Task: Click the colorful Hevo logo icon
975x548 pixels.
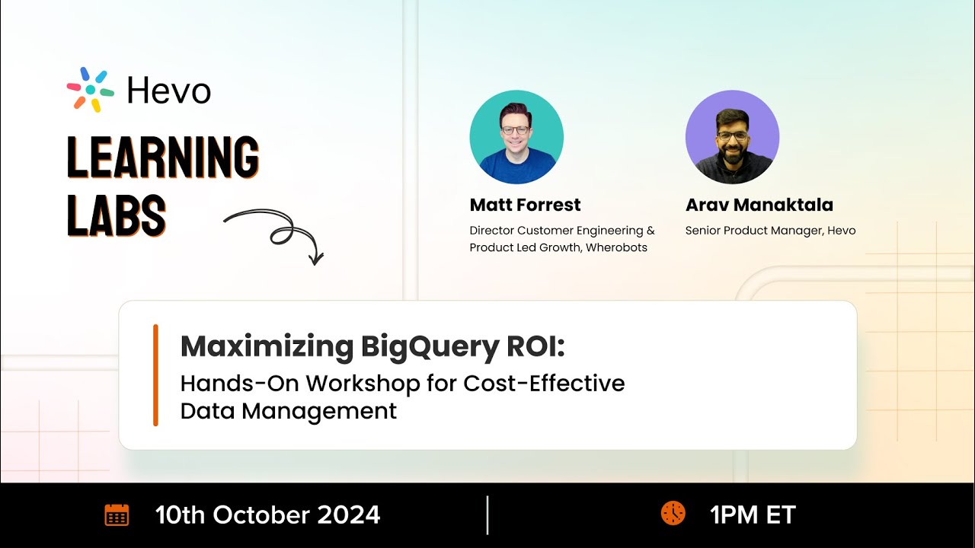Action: [x=90, y=90]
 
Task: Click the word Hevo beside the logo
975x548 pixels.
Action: [x=168, y=91]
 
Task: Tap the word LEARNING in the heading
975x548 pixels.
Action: [x=163, y=158]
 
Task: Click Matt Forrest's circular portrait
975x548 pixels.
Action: [x=516, y=137]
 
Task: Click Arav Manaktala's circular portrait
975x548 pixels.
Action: [x=732, y=137]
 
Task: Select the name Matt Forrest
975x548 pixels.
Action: [x=525, y=205]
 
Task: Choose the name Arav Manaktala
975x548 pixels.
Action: [x=759, y=205]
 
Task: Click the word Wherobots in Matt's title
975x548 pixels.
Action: [x=616, y=247]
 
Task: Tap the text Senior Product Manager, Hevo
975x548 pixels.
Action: [x=770, y=230]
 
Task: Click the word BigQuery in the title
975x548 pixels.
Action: [x=429, y=346]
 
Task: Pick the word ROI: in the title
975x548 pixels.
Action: [x=535, y=346]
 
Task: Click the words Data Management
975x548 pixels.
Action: [x=288, y=411]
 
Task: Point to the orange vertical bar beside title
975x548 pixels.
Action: [x=155, y=374]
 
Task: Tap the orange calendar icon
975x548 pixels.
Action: [x=117, y=515]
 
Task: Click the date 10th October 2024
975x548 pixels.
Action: [x=267, y=515]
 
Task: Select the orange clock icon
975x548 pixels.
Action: [x=673, y=514]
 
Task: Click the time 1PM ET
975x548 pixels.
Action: [x=752, y=515]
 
